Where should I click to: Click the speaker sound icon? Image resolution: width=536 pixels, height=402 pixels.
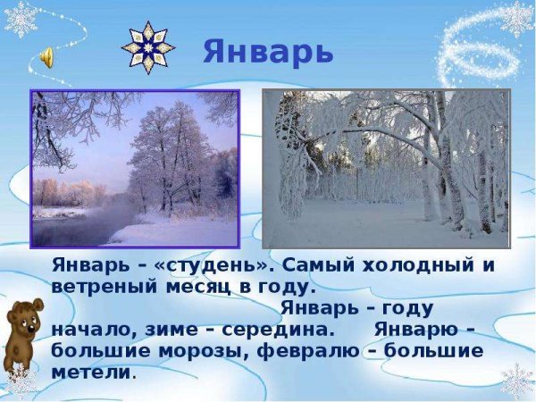click(x=46, y=58)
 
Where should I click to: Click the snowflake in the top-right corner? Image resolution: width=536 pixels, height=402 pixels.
click(x=515, y=18)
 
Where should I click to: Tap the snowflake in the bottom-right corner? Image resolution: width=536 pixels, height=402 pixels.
click(x=516, y=381)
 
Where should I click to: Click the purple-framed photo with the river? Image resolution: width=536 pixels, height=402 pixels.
click(x=135, y=169)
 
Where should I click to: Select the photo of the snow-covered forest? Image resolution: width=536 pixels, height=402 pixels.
click(x=385, y=169)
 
